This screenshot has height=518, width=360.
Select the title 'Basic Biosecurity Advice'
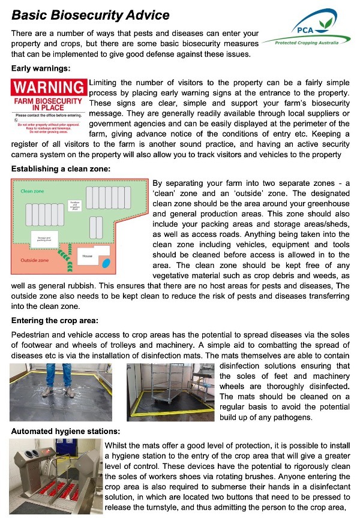coord(91,15)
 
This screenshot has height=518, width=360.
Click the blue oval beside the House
coord(106,263)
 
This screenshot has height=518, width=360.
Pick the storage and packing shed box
coord(44,241)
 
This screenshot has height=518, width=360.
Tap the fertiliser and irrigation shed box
coord(75,206)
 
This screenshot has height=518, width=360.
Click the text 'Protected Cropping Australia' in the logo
coord(311,43)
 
